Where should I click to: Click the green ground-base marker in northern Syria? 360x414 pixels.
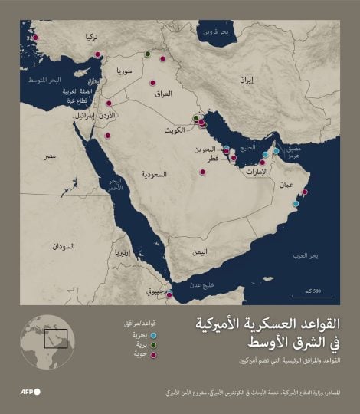pyautogui.click(x=147, y=54)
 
